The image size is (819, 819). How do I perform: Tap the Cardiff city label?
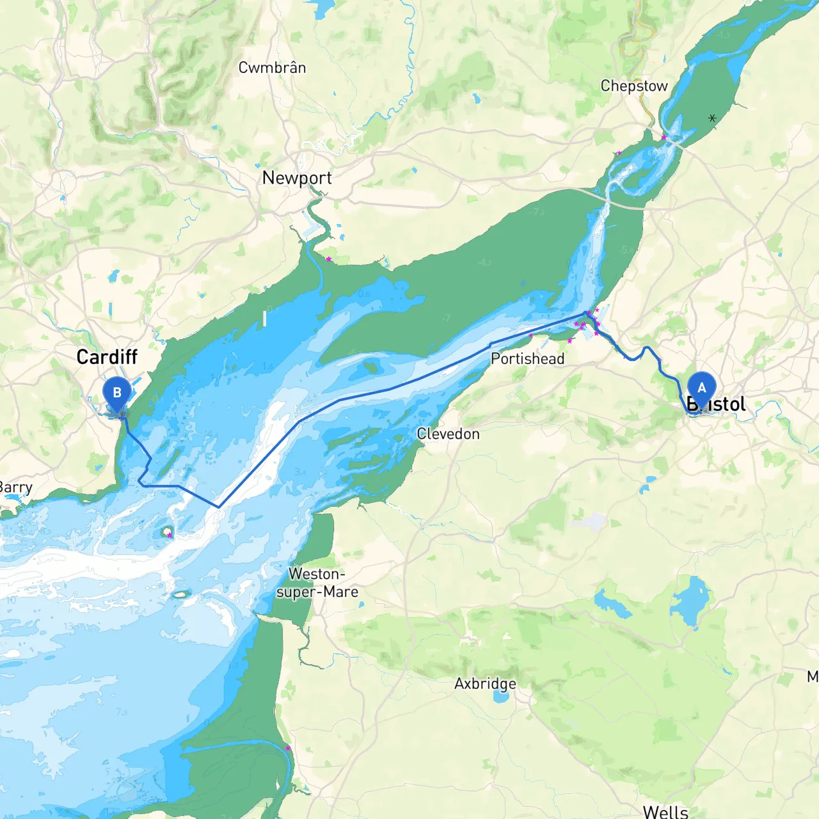pyautogui.click(x=107, y=357)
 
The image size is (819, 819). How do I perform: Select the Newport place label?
pyautogui.click(x=297, y=178)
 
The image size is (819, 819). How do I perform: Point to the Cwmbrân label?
pyautogui.click(x=272, y=68)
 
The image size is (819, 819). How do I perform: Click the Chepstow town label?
pyautogui.click(x=633, y=86)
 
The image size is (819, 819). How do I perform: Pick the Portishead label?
pyautogui.click(x=527, y=359)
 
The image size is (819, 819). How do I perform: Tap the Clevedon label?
pyautogui.click(x=448, y=434)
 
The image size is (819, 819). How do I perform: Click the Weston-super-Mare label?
pyautogui.click(x=317, y=583)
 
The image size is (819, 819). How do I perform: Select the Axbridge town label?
pyautogui.click(x=485, y=683)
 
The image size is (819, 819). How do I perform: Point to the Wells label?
pyautogui.click(x=665, y=811)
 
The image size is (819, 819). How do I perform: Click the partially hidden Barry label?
pyautogui.click(x=16, y=488)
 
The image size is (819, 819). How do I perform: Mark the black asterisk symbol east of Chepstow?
pyautogui.click(x=712, y=118)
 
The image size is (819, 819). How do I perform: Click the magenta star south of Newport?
pyautogui.click(x=329, y=259)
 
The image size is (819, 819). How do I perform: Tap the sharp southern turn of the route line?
pyautogui.click(x=219, y=507)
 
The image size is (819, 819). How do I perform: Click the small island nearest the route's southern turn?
pyautogui.click(x=168, y=532)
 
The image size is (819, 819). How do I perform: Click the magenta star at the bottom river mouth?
pyautogui.click(x=288, y=748)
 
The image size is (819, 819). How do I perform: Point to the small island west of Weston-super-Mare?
pyautogui.click(x=181, y=594)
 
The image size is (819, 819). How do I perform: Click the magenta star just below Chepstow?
pyautogui.click(x=664, y=138)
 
